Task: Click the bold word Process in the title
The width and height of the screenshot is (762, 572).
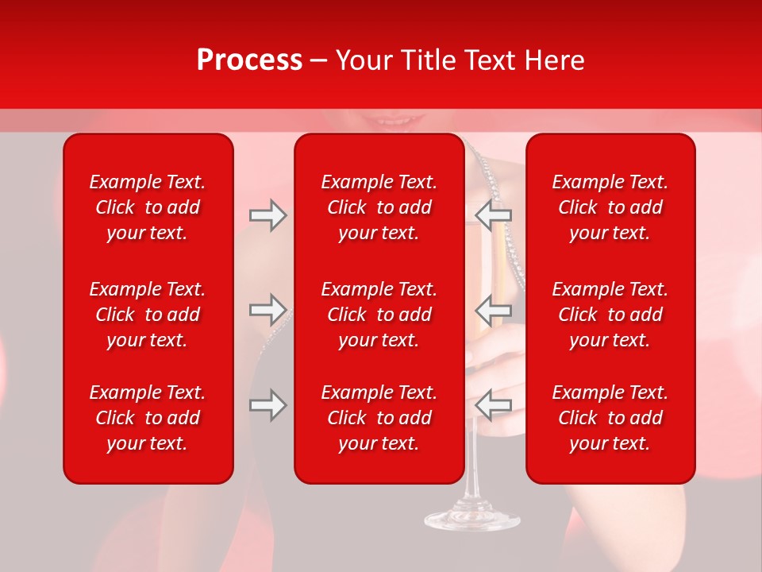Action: tap(249, 60)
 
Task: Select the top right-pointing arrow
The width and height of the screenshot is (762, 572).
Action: tap(267, 215)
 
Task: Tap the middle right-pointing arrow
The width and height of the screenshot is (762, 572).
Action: tap(267, 309)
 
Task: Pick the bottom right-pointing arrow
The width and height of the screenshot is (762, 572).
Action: tap(267, 405)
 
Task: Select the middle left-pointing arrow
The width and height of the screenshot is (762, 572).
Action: tap(493, 309)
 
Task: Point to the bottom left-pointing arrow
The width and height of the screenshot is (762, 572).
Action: tap(493, 405)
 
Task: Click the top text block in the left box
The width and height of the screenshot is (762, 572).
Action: tap(148, 207)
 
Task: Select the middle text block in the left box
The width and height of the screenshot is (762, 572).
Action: tap(148, 315)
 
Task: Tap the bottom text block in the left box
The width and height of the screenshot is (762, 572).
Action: tap(148, 418)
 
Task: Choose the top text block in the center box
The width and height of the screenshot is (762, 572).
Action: tap(379, 207)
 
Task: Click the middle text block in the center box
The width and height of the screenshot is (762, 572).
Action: tap(379, 315)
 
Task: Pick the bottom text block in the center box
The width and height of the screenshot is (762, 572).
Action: tap(379, 418)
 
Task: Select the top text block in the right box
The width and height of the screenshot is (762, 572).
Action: tap(610, 207)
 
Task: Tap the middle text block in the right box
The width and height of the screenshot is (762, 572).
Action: tap(610, 315)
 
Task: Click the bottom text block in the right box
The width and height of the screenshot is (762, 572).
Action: tap(610, 418)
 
